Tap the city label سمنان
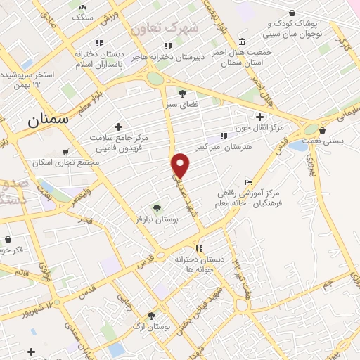tap(49, 119)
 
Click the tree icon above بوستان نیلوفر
tap(157, 207)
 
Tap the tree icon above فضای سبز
tap(183, 93)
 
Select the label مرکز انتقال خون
tap(261, 127)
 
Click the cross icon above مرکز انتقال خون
tap(260, 116)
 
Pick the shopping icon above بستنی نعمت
tap(322, 129)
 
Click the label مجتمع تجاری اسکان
tap(62, 162)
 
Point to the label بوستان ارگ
tap(150, 328)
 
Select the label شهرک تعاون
tap(164, 28)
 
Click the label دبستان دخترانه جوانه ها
tap(200, 264)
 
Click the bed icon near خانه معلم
tap(248, 183)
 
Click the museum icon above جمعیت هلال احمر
tap(242, 40)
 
